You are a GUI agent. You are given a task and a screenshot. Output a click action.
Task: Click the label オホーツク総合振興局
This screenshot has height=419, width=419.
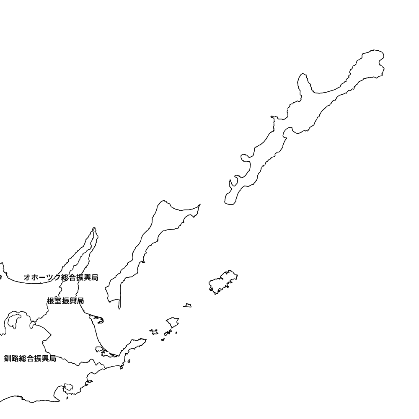61,277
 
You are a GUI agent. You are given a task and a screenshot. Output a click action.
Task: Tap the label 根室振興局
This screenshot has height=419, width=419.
65,301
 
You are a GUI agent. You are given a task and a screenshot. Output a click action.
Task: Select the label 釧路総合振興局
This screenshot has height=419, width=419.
30,358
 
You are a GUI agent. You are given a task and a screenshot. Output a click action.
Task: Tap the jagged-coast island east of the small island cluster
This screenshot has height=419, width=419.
223,282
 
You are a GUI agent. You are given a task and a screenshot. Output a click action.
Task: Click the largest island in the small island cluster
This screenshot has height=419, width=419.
172,322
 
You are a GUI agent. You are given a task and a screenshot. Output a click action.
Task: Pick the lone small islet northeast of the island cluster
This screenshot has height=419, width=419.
188,305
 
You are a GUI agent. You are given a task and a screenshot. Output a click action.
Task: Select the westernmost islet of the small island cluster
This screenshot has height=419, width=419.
154,332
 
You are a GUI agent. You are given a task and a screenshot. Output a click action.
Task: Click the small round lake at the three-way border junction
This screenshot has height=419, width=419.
32,325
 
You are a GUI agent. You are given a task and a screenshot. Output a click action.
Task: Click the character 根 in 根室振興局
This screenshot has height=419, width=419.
50,301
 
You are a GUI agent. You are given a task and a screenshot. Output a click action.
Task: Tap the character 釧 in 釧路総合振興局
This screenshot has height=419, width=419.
7,358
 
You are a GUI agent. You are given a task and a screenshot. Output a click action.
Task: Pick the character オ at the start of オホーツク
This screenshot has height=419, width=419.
27,277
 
